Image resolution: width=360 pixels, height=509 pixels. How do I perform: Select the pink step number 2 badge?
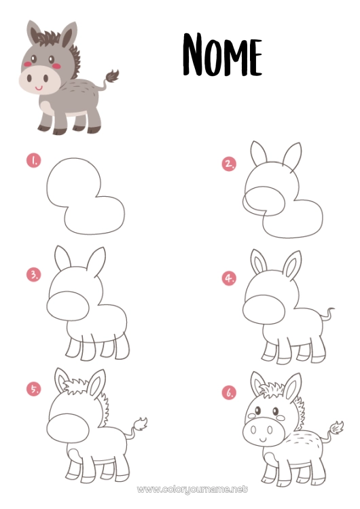[229, 164]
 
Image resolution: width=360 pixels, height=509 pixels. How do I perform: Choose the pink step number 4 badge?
[229, 278]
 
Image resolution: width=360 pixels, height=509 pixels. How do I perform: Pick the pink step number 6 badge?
[229, 392]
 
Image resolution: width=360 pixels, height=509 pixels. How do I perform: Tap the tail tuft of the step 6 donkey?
[337, 428]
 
